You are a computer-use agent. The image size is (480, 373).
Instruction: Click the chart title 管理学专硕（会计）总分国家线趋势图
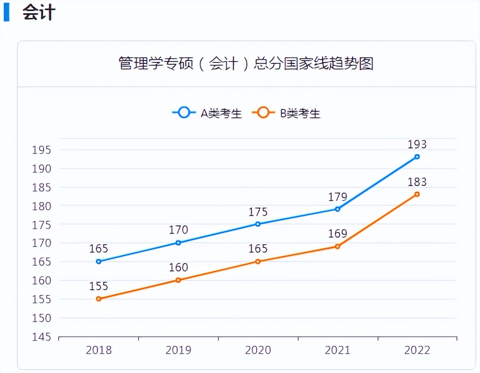coord(246,63)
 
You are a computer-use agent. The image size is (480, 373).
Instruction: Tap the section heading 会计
coord(39,13)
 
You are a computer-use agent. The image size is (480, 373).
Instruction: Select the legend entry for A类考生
coord(207,113)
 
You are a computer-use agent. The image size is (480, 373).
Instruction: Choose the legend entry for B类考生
coord(286,113)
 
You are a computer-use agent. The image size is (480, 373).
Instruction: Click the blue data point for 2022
coord(417,156)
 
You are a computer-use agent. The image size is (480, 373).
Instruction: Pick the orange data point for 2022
coord(417,194)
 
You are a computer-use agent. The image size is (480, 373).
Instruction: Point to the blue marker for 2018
coord(99,261)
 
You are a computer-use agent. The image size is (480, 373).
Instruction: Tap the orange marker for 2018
coord(99,299)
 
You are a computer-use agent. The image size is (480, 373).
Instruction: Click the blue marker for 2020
coord(258,224)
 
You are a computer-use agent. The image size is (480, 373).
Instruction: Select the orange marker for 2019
coord(178,280)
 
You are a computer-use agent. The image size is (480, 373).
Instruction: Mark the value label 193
coord(417,144)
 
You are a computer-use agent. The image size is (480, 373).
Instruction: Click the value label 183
coord(417,182)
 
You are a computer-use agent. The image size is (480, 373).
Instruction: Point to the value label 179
coord(337,197)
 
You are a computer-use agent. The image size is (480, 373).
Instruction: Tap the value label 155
coord(99,286)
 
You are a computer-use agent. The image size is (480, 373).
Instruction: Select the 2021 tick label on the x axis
coord(337,350)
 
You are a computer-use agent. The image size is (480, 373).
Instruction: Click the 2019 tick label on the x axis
coord(178,350)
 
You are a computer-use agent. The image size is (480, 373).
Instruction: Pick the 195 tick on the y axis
coord(41,150)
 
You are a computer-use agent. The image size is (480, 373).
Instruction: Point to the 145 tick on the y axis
coord(41,337)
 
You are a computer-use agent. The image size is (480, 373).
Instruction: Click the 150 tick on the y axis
coord(41,318)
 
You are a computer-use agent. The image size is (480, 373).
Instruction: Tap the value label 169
coord(337,234)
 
